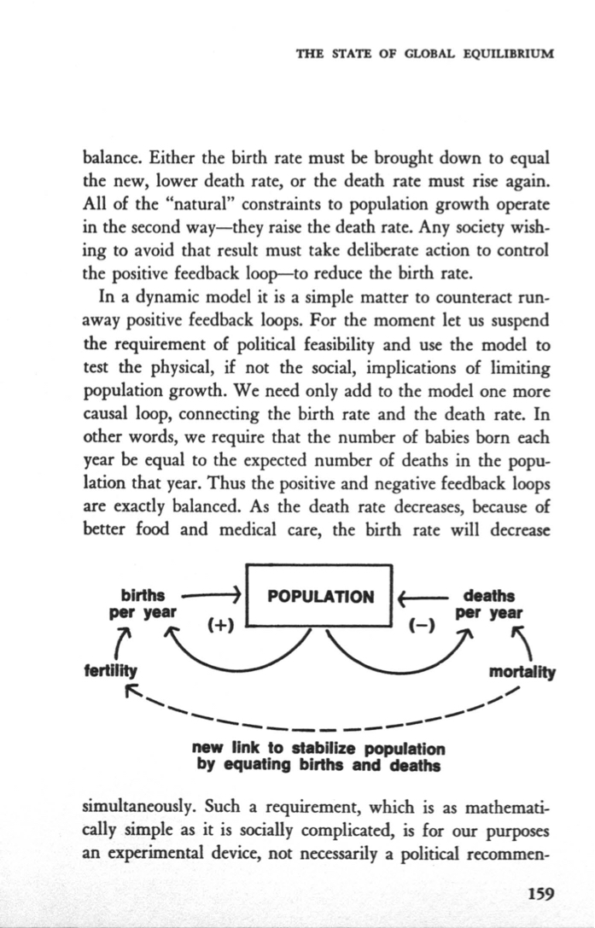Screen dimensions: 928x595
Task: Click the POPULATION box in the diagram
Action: pos(319,596)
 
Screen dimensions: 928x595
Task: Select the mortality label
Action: pos(521,671)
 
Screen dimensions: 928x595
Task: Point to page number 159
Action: pos(541,894)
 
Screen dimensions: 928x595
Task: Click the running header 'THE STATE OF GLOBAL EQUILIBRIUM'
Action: pos(424,52)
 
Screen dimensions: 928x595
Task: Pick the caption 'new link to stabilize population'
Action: pos(319,750)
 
